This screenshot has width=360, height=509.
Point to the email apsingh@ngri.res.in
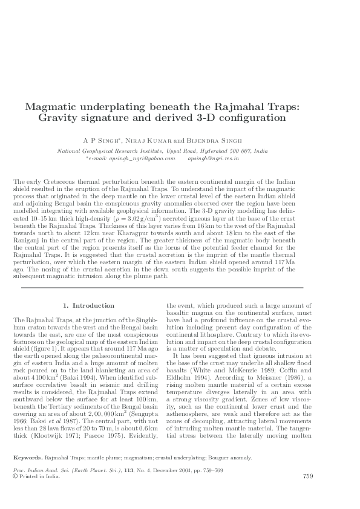click(214, 158)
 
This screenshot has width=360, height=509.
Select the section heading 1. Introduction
click(89, 305)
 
